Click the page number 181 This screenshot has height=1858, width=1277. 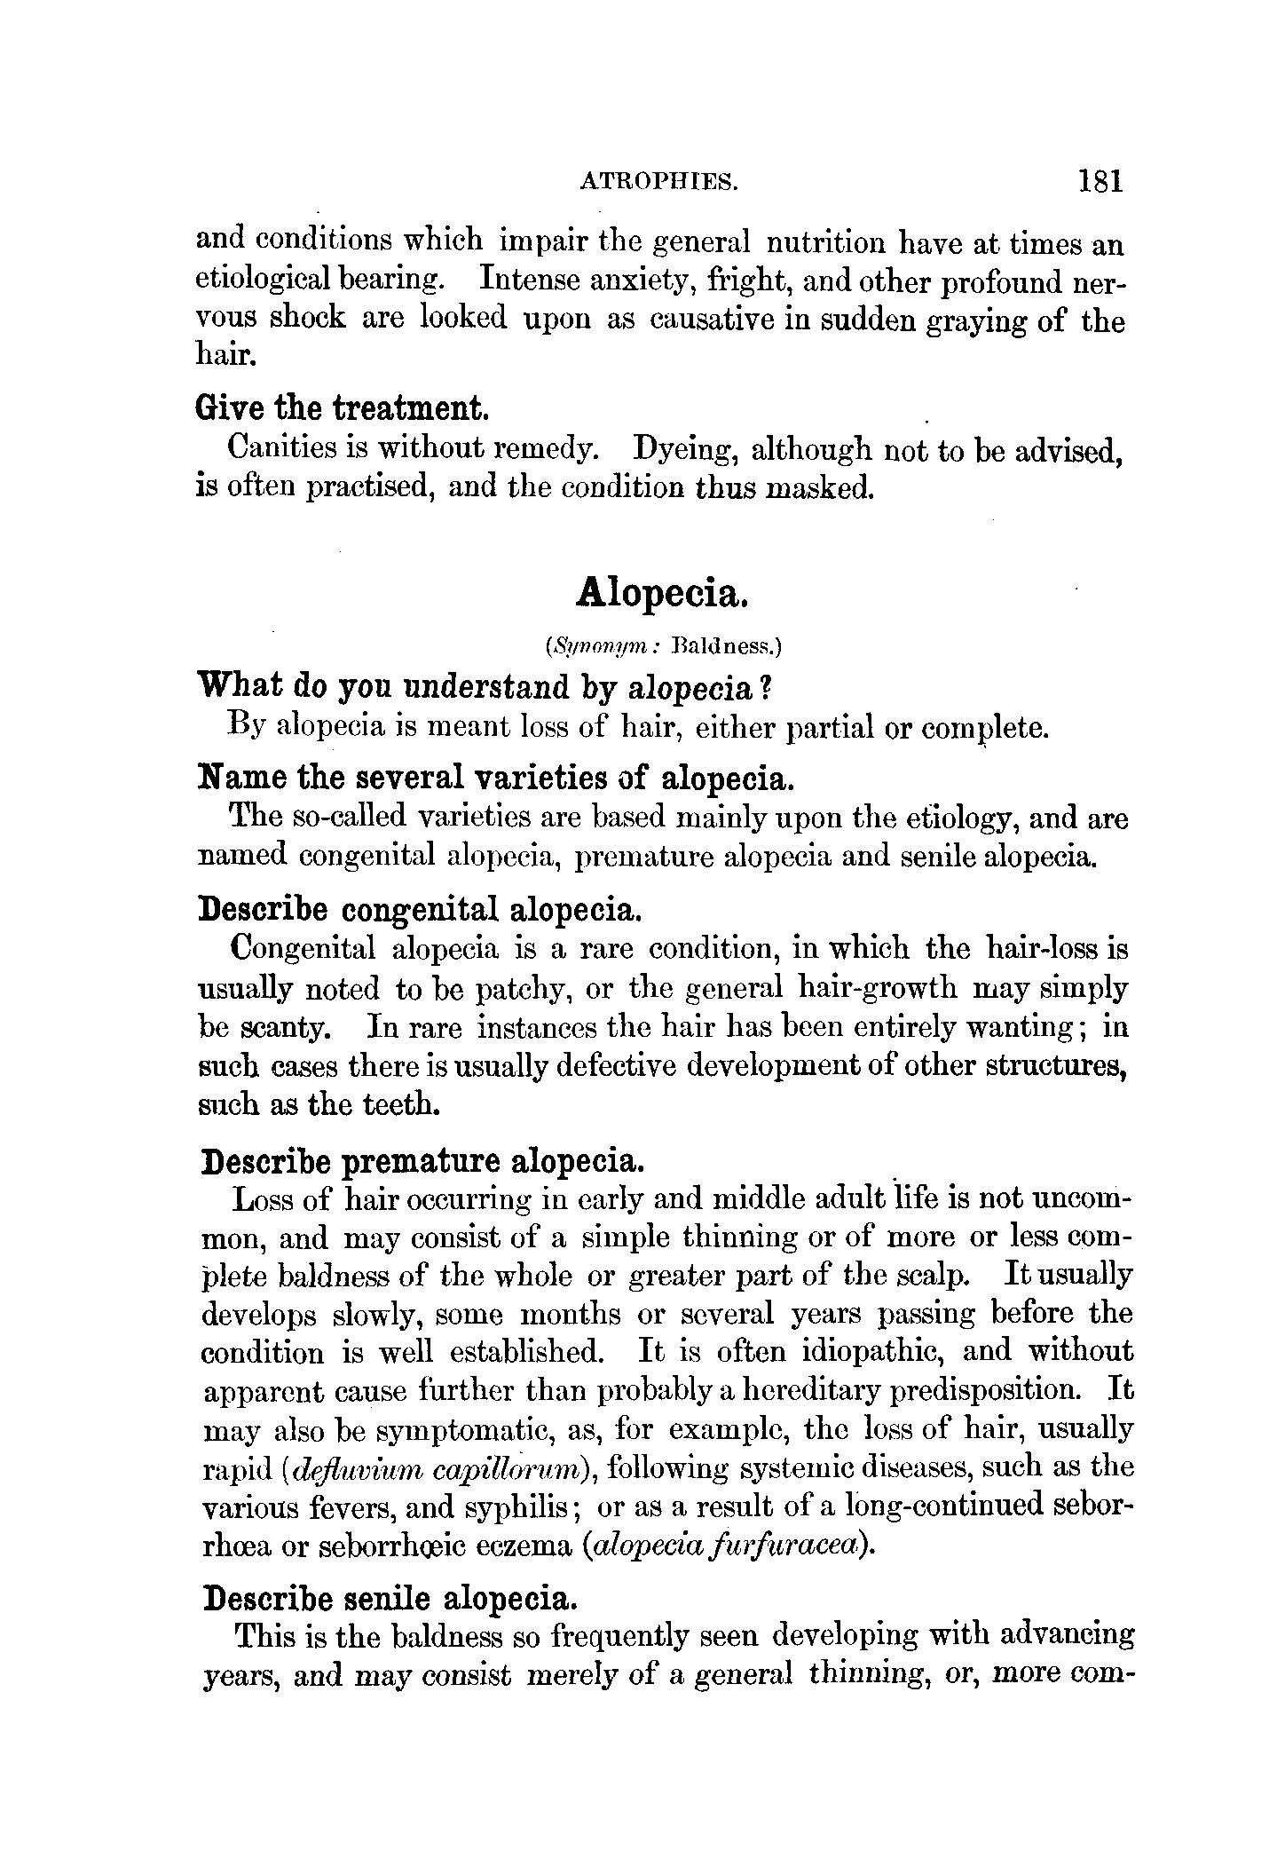(1101, 181)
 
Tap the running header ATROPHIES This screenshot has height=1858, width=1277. (659, 183)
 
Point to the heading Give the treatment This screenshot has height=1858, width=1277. (342, 409)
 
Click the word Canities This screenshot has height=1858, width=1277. (280, 448)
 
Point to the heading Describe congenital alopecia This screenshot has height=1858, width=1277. (418, 910)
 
